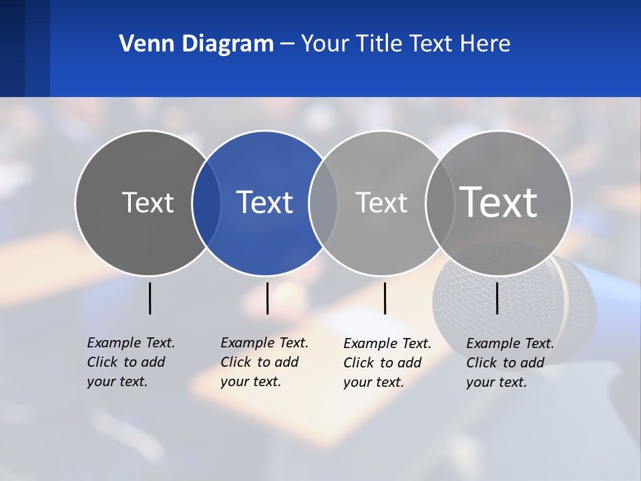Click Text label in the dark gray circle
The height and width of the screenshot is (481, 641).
148,202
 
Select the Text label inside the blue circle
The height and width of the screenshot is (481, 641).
265,202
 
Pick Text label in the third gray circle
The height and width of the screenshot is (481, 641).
381,202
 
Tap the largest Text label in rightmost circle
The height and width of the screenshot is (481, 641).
499,202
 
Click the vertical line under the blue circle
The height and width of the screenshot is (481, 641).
267,298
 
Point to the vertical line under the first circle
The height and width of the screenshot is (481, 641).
150,298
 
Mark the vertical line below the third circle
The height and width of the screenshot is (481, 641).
385,298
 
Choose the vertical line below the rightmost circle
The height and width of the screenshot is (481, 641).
497,298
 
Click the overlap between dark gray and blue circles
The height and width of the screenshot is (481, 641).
206,203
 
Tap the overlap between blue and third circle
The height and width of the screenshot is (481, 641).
323,203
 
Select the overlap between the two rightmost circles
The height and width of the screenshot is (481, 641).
440,203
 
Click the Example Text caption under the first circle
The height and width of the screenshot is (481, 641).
130,362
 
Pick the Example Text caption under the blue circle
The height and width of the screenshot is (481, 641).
264,362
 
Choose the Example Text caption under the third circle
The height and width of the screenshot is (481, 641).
387,363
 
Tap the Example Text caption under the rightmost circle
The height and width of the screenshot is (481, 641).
509,363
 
